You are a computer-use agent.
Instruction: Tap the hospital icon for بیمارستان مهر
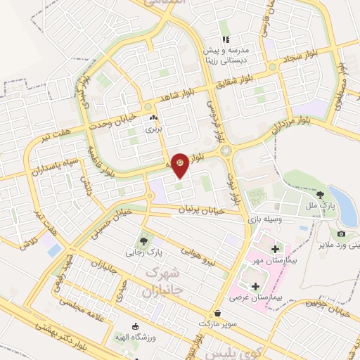275,249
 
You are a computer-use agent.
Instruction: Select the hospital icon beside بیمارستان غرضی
255,286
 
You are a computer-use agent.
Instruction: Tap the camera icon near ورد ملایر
341,233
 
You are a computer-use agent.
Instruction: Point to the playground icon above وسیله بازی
248,208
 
